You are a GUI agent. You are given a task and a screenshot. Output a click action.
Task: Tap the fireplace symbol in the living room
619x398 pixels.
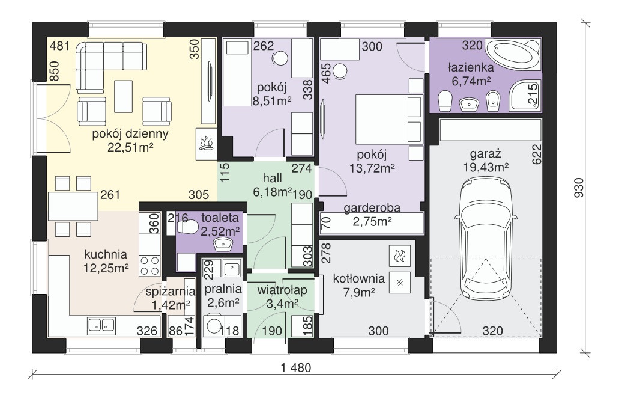[207, 144]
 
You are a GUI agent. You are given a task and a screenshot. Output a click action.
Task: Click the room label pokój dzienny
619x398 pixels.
[130, 134]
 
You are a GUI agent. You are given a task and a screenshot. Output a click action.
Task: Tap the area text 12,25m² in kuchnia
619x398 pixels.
[106, 268]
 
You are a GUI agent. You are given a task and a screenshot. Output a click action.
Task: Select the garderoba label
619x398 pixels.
[372, 208]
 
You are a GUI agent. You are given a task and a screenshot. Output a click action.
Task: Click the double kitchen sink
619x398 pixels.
[101, 325]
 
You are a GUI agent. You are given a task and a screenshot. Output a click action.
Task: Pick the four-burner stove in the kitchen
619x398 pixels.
[150, 266]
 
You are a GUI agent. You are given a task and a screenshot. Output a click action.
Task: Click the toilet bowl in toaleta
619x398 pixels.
[187, 227]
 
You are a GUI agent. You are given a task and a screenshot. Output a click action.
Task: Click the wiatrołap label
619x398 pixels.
[282, 290]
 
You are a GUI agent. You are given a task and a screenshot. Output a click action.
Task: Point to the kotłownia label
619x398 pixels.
[359, 278]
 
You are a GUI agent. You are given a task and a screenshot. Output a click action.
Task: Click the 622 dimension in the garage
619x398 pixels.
[537, 154]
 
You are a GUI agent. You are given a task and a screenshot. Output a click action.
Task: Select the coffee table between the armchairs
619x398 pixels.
[124, 96]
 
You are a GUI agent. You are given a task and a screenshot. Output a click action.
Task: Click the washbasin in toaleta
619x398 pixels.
[224, 244]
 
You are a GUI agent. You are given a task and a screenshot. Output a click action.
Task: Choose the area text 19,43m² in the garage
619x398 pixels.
[486, 168]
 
